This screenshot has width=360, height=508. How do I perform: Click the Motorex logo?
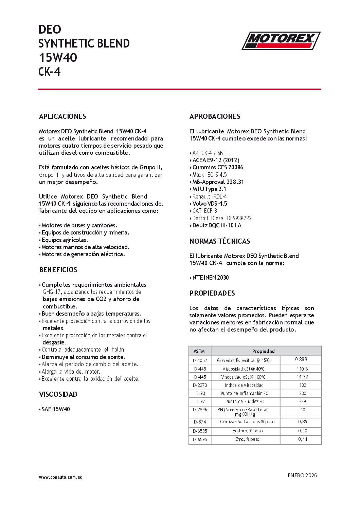coord(281,41)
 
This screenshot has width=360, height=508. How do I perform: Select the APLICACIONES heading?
coord(62,116)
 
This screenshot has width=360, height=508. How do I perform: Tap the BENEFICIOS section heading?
coord(58,270)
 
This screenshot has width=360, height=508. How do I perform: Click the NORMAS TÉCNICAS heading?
coord(220,241)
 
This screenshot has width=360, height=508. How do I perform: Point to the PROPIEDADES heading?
coord(212,293)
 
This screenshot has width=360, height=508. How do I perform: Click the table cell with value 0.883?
coord(301,359)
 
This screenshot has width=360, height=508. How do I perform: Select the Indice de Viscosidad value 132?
coord(303,385)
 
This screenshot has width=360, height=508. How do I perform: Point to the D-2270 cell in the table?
coord(200,385)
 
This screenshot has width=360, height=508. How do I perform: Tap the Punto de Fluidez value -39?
coord(303,401)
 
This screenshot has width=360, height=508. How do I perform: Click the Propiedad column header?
coord(263,351)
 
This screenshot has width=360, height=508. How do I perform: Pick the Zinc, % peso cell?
coord(248,439)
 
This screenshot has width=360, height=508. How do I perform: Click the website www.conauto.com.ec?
coord(60,477)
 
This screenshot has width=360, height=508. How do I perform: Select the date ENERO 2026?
coord(302,475)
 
